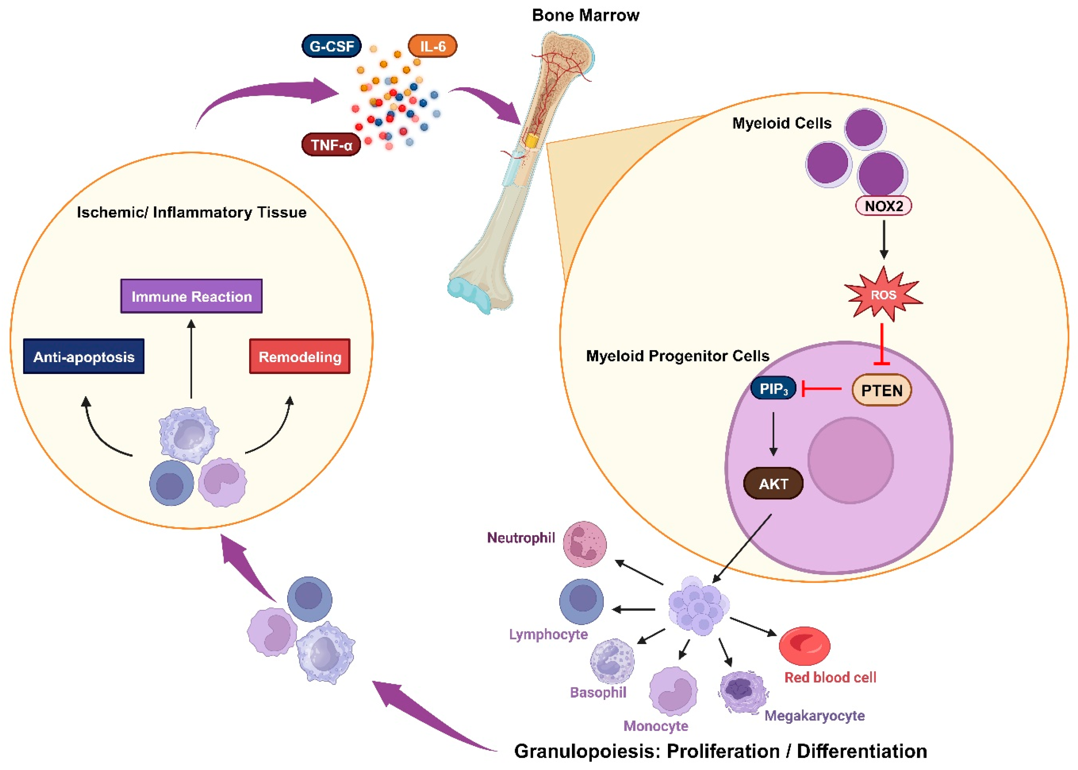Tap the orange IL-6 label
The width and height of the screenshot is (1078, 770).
point(432,46)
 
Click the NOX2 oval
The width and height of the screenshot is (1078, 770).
point(883,206)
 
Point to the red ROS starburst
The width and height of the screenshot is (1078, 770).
point(883,294)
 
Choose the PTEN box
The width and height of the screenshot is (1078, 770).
point(881,390)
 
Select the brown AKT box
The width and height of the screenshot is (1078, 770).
point(773,484)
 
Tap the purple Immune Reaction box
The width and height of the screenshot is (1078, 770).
point(191,296)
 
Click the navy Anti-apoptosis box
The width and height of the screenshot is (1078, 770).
point(84,356)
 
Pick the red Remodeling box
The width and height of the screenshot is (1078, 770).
point(300,356)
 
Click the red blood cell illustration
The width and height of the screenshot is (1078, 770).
point(804,646)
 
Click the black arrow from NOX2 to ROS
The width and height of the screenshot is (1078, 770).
point(883,239)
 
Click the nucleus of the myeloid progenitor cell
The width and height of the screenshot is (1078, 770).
point(851,460)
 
